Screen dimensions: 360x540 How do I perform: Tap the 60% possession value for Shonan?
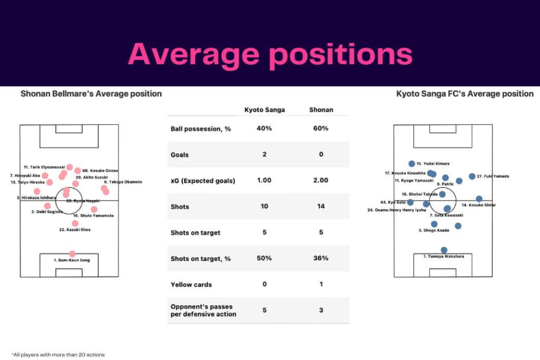[321, 129]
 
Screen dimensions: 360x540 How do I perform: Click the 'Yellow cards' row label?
[191, 285]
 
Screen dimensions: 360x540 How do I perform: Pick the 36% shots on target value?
[321, 258]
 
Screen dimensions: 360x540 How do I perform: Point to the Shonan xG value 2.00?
[321, 180]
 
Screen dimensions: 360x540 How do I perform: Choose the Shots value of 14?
[321, 207]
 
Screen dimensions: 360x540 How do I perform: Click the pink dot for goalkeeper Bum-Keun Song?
[72, 254]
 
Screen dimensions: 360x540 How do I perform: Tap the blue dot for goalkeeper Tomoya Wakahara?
[444, 250]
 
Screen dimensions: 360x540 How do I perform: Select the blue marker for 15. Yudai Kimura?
[412, 164]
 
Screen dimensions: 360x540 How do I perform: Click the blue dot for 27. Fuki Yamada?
[472, 177]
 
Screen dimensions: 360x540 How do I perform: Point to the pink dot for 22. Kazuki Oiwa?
[75, 223]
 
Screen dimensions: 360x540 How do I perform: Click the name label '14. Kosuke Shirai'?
[478, 205]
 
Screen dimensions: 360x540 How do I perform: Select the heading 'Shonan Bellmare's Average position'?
[91, 94]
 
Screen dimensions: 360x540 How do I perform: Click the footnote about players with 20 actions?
[57, 355]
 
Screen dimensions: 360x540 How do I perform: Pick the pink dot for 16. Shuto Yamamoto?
[94, 209]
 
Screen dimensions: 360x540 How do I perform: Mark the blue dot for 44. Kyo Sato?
[410, 202]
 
